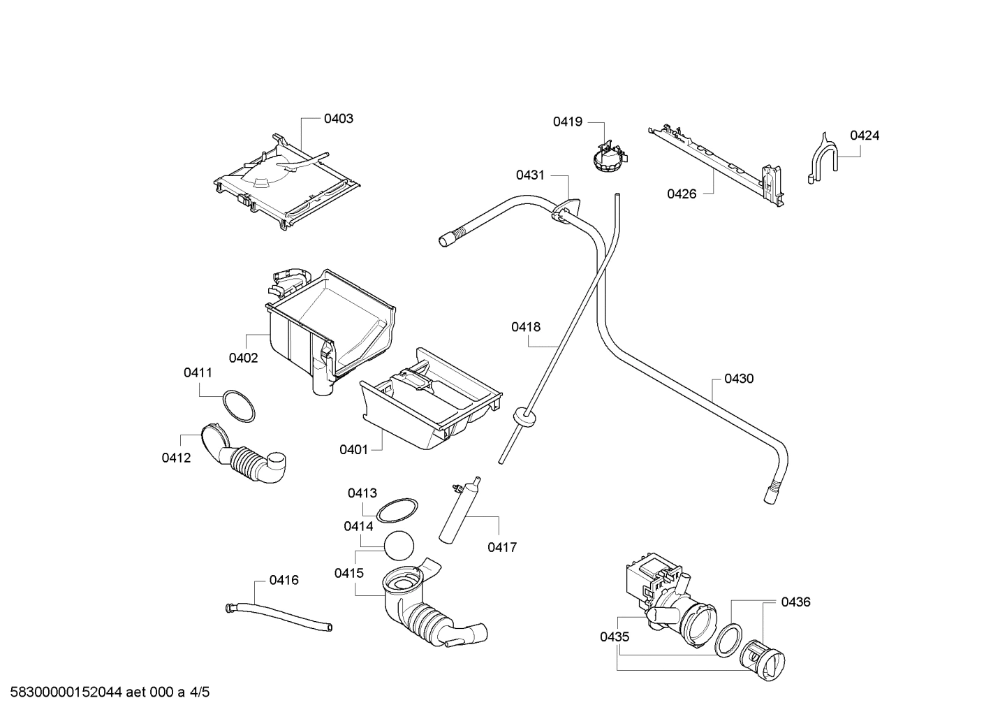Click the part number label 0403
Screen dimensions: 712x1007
[x=338, y=119]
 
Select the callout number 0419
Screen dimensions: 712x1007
[x=567, y=122]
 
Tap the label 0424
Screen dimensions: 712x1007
[x=864, y=136]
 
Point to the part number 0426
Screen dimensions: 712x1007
[x=681, y=194]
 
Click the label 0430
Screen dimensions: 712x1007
[x=738, y=379]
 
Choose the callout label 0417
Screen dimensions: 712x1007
[x=501, y=547]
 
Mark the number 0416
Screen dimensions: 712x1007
[x=284, y=580]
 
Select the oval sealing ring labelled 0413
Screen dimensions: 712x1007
[x=397, y=510]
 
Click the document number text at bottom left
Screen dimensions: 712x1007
[x=105, y=692]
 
